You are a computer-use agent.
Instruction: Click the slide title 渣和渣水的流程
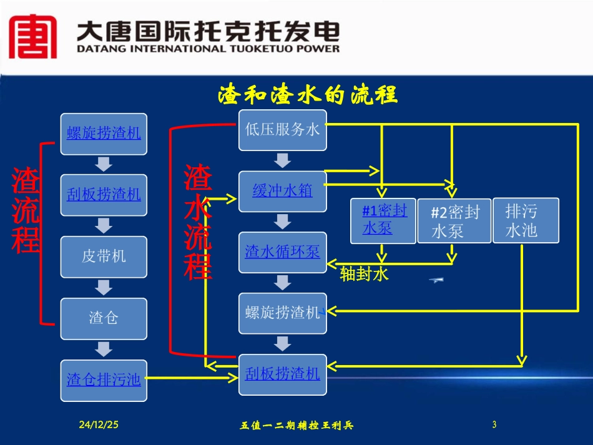308,95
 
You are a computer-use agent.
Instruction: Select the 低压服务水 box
282,130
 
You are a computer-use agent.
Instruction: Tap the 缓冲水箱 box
282,191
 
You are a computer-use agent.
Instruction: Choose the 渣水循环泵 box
282,252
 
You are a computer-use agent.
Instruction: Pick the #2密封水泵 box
454,221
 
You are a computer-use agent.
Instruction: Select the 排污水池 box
526,220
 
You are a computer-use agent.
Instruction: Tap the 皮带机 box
104,257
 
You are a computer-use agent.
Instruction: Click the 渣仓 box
104,318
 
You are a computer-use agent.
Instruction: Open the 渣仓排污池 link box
104,379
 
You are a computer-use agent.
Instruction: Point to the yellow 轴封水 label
365,275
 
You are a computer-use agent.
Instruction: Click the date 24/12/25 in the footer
99,425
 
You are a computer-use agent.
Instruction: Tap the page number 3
494,425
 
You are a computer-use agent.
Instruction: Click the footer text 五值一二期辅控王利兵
296,426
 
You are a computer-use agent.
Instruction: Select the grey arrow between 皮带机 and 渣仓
104,288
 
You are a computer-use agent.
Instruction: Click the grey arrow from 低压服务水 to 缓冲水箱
282,160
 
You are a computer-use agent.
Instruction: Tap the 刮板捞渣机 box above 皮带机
104,195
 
